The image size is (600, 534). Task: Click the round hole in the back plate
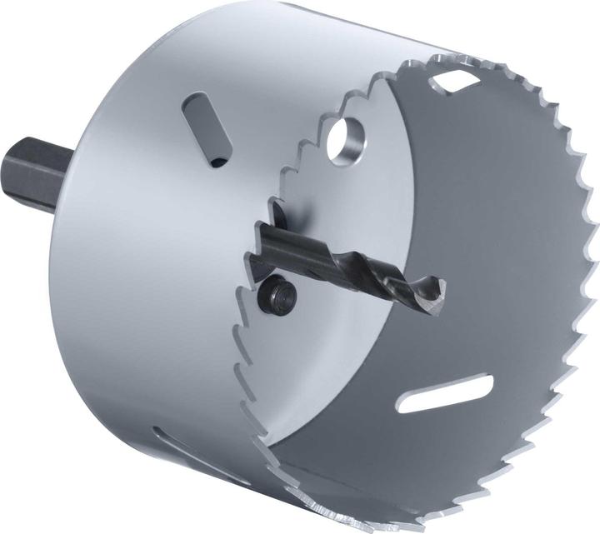[x=344, y=140]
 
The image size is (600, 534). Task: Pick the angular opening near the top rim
[x=455, y=81]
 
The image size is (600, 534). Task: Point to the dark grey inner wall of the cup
[x=500, y=250]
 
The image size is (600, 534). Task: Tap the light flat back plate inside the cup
[x=350, y=350]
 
